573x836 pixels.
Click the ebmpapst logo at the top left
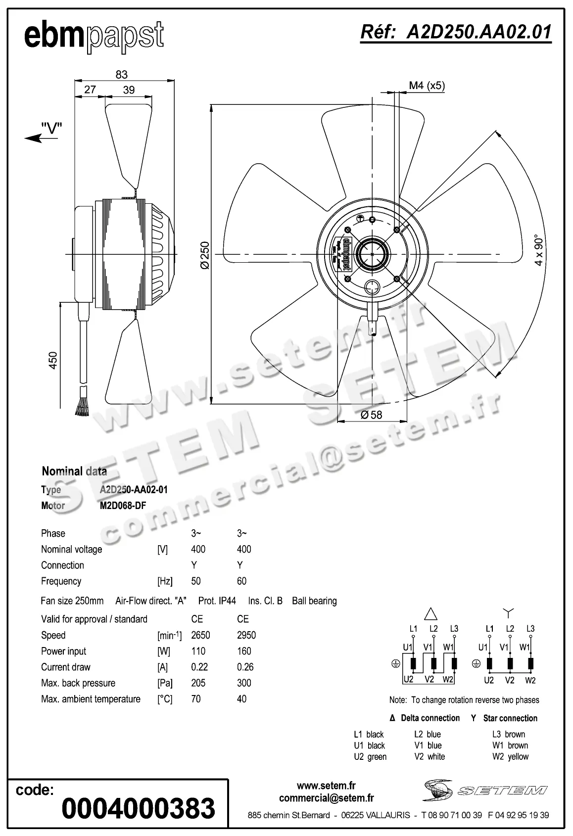point(94,36)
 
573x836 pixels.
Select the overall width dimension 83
point(121,74)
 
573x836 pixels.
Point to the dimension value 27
point(90,90)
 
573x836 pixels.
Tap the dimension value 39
point(129,90)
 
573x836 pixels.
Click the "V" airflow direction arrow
point(44,134)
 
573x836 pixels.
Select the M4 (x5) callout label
point(427,86)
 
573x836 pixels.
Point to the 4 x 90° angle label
point(539,250)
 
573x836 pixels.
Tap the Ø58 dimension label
point(372,415)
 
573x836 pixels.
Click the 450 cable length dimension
point(53,360)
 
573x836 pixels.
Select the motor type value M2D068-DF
point(123,506)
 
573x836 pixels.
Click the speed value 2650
point(200,635)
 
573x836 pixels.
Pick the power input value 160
point(244,651)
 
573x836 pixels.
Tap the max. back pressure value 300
point(244,683)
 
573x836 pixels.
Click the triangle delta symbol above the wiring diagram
point(431,614)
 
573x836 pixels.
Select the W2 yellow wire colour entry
point(510,756)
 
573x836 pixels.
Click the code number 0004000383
point(139,808)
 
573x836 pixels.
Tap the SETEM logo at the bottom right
point(485,790)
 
